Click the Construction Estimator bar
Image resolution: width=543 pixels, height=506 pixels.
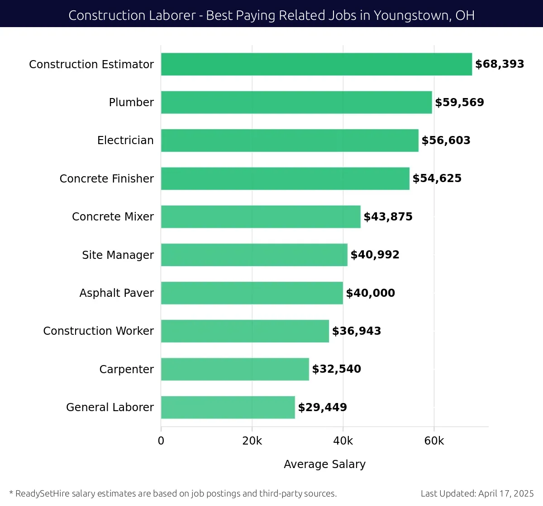[x=316, y=64]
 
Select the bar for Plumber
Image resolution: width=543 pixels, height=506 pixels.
[x=296, y=103]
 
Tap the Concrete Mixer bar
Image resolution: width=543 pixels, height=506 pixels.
[x=261, y=217]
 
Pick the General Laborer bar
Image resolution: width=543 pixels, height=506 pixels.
[x=228, y=408]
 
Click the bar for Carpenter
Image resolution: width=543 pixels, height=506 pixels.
[x=235, y=369]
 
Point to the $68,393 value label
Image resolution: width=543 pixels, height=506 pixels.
[x=500, y=64]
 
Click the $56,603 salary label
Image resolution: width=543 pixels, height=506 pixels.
[x=446, y=141]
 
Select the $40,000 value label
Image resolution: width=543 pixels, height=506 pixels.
[x=370, y=293]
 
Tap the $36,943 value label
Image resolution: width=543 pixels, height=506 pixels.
[x=357, y=331]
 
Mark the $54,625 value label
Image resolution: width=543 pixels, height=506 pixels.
[x=437, y=178]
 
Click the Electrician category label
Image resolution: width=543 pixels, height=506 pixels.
[x=125, y=141]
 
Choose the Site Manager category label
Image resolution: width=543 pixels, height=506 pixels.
[x=118, y=255]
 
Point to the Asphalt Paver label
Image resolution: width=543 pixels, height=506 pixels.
[x=116, y=293]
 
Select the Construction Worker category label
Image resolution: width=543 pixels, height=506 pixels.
[x=98, y=331]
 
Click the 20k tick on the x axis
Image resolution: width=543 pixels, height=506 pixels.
[x=252, y=441]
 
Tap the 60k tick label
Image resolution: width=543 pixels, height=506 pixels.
[x=434, y=441]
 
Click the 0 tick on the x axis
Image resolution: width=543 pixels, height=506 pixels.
[x=161, y=441]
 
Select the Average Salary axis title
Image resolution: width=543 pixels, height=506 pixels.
[x=324, y=464]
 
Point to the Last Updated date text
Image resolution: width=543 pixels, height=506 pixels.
[x=477, y=493]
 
